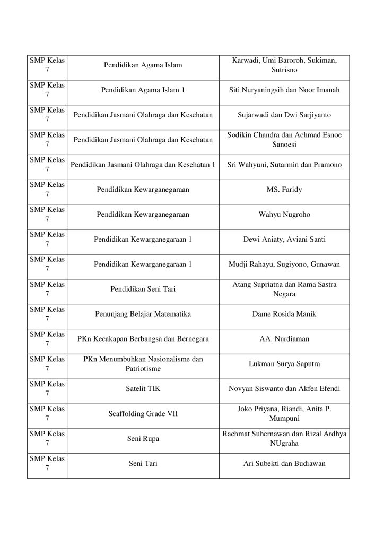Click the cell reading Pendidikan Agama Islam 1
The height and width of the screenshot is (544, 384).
tap(143, 90)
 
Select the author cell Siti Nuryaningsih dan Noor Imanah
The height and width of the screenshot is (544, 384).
tap(284, 90)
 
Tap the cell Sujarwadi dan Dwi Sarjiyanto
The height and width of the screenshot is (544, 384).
tap(284, 115)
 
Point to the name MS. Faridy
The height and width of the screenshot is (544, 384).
tap(284, 190)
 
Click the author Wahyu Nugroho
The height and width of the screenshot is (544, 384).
tap(284, 215)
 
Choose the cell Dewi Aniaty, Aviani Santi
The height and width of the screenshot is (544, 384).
tap(284, 240)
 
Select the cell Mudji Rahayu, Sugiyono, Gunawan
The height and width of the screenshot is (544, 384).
tap(284, 265)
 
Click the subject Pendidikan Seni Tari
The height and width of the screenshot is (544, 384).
tap(143, 290)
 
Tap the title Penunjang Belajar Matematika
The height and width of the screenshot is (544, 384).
tap(143, 314)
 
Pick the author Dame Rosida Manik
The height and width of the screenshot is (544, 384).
tap(284, 314)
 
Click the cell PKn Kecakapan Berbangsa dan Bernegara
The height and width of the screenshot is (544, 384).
tap(143, 339)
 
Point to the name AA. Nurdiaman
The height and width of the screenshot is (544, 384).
tap(284, 339)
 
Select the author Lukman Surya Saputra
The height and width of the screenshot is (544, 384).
tap(284, 364)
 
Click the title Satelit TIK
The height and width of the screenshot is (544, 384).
tap(143, 389)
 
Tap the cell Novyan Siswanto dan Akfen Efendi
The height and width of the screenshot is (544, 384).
tap(284, 389)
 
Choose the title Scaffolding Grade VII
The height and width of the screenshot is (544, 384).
tap(143, 414)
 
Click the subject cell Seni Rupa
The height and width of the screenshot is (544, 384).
tap(143, 439)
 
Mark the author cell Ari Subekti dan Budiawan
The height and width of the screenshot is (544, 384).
tap(284, 464)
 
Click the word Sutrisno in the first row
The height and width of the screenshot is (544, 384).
tap(284, 70)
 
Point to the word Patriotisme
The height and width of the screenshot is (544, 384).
tap(143, 368)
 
